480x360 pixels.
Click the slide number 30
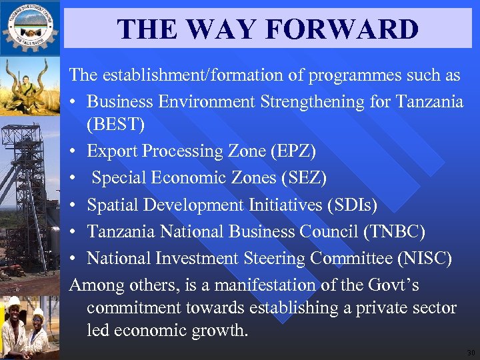coord(471,353)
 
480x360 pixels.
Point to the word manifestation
coord(273,285)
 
